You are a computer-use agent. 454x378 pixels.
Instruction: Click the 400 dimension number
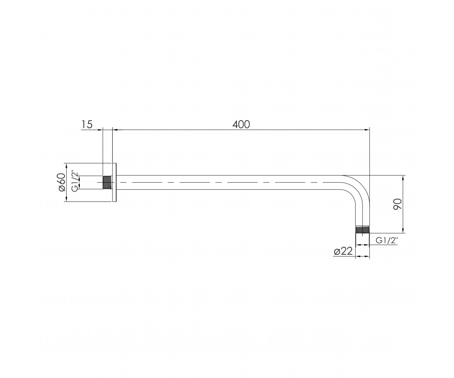(241, 124)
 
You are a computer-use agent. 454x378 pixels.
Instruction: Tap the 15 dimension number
(87, 124)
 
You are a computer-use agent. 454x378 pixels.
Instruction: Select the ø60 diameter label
(62, 182)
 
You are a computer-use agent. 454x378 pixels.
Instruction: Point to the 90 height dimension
(397, 204)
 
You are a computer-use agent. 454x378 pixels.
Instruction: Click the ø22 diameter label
(343, 251)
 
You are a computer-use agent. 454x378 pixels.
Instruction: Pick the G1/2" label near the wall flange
(75, 182)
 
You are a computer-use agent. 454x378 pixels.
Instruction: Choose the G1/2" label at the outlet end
(387, 240)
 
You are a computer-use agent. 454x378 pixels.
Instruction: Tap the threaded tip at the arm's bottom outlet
(362, 229)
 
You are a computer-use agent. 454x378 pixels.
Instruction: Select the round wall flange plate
(114, 182)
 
